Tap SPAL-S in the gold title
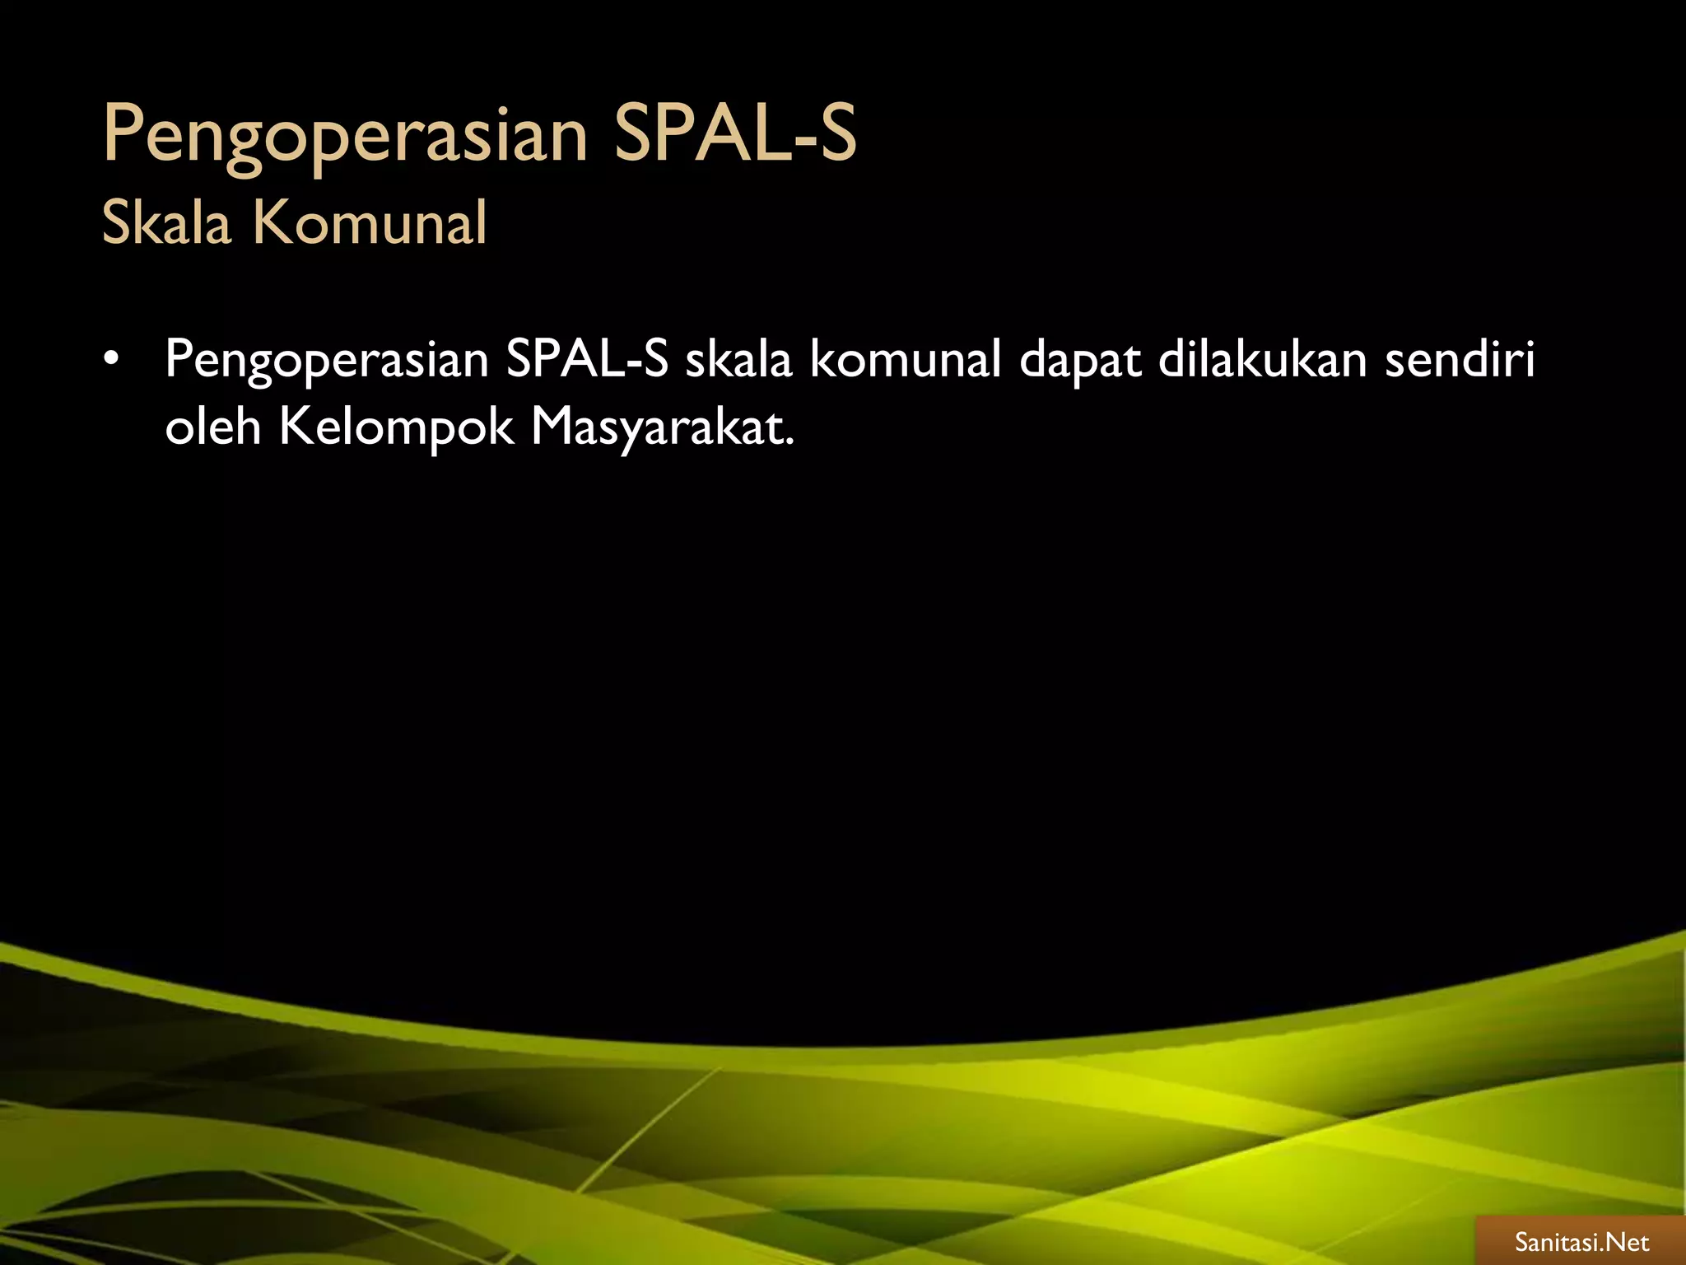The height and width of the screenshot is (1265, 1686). coord(735,133)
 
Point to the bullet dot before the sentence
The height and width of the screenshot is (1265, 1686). coord(112,360)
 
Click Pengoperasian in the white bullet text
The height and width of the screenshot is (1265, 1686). coord(327,361)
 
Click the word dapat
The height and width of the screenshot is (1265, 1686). coord(1080,361)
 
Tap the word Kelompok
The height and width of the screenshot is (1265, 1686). coord(397,428)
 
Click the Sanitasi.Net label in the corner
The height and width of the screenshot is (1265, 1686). coord(1581,1242)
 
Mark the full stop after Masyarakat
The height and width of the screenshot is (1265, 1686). coord(790,443)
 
